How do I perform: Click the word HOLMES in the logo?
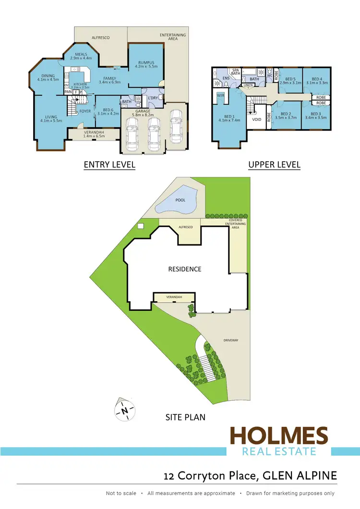[278, 437]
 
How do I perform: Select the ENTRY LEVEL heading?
[109, 165]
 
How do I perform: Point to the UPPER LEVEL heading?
[274, 165]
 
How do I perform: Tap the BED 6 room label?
[108, 110]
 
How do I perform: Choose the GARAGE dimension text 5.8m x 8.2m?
[143, 115]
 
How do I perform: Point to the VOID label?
[257, 119]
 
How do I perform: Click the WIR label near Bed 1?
[221, 95]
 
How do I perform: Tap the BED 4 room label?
[317, 79]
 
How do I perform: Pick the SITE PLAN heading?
[185, 417]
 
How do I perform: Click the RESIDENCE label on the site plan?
[184, 269]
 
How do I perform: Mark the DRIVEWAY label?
[231, 340]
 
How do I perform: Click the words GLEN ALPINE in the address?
[306, 475]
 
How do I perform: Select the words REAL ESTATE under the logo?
[278, 451]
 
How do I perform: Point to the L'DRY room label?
[153, 98]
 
